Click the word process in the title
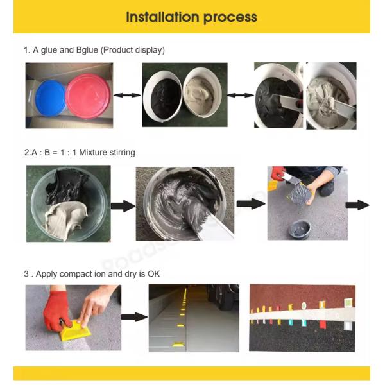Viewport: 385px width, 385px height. (x=230, y=18)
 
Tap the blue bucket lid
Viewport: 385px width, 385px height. (x=51, y=98)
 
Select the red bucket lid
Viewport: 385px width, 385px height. (x=88, y=96)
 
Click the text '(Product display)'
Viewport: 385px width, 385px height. (x=133, y=50)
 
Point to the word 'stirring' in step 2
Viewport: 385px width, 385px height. (x=122, y=153)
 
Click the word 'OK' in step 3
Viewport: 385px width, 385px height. (x=154, y=274)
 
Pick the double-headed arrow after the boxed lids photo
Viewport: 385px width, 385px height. (x=127, y=95)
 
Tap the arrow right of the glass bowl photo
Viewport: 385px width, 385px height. (x=123, y=206)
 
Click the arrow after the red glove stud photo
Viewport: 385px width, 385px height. (x=134, y=317)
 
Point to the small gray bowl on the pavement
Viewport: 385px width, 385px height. (x=299, y=230)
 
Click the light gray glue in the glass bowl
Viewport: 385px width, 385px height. (x=65, y=219)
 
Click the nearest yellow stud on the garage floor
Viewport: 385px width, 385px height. (x=178, y=345)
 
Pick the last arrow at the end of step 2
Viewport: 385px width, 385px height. (x=357, y=205)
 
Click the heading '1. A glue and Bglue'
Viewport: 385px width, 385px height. (x=61, y=50)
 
